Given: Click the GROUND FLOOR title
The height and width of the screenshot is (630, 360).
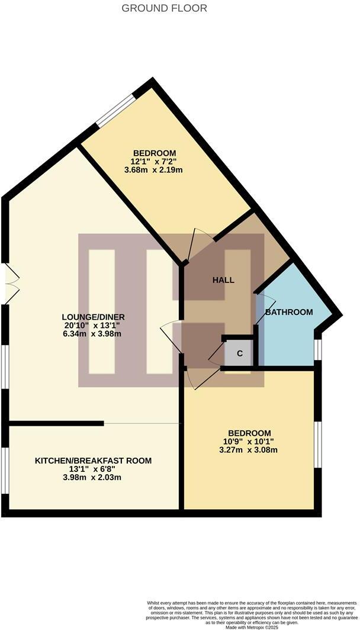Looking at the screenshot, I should pos(165,8).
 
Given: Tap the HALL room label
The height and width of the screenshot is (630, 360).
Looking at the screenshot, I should pos(223,280).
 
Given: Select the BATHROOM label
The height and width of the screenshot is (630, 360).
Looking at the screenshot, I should pos(288,312).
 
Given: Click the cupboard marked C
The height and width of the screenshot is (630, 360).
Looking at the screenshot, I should pos(239,354).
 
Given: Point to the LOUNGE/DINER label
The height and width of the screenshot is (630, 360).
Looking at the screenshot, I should pos(95,317).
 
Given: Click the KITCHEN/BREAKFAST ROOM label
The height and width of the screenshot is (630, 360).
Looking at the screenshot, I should pos(93,461).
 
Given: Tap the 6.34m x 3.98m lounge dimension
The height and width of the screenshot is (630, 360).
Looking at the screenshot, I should pos(95,334).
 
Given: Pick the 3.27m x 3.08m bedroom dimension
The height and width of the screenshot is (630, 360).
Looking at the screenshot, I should pos(248,450).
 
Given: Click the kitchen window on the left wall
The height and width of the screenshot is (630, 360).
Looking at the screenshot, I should pos(5,470).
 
